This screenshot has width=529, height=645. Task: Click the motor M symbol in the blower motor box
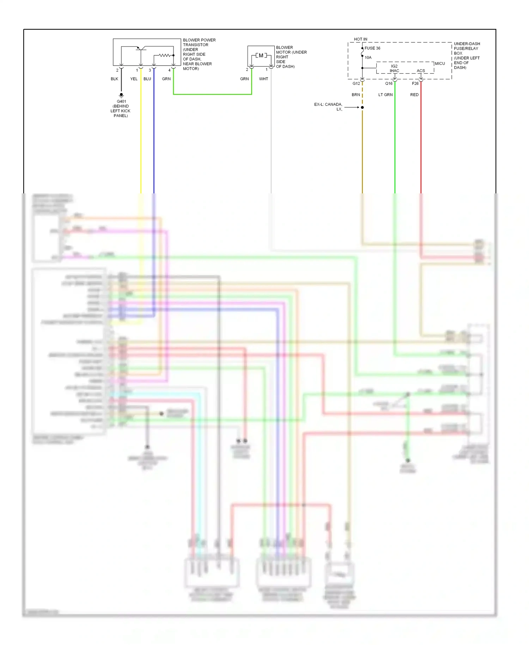point(261,55)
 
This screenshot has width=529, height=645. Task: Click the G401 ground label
point(121,101)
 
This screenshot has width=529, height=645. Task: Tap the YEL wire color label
point(134,79)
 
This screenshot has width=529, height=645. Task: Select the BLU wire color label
point(147,79)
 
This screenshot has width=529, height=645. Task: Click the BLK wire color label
point(114,79)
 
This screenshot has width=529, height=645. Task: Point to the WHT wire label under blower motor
point(263,79)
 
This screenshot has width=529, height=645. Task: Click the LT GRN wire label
point(385,95)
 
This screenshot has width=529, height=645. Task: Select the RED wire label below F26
point(414,95)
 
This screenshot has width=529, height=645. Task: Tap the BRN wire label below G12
point(356,95)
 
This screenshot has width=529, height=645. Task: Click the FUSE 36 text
point(372,48)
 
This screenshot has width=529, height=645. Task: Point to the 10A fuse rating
point(368,58)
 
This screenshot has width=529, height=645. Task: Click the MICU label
point(440,64)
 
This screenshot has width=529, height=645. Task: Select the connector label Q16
point(389,83)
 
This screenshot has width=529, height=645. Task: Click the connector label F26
point(415,83)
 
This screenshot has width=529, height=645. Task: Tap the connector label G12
point(356,83)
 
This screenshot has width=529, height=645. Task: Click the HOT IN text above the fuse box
point(360,39)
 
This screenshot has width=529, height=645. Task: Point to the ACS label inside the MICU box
point(421,71)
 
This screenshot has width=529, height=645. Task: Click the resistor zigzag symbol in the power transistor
point(165,55)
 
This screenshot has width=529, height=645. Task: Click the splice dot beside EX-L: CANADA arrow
point(362,107)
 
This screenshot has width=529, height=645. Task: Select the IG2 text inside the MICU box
point(394,66)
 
